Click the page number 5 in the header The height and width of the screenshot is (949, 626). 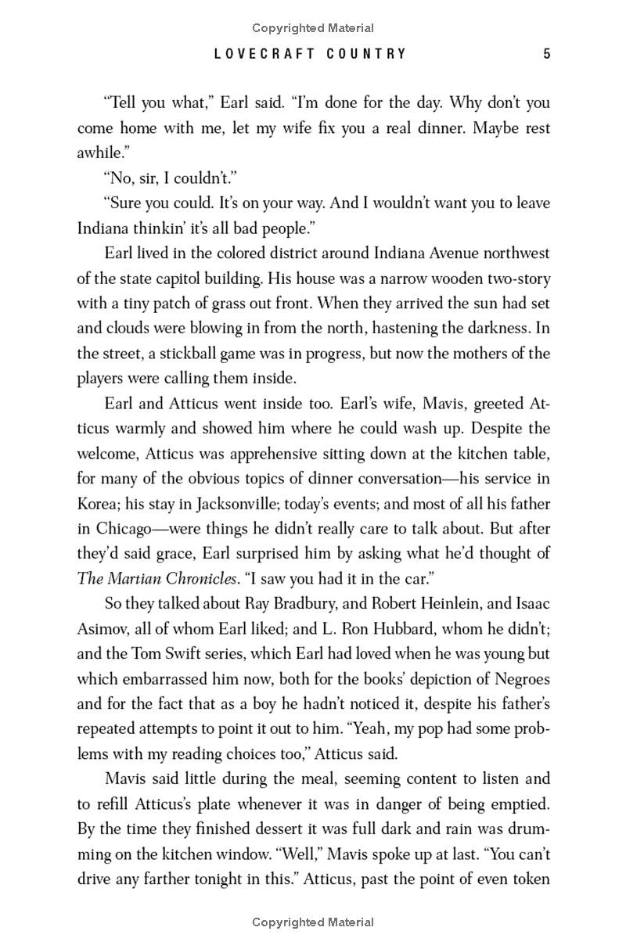[x=547, y=54]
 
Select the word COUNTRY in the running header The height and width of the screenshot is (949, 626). [x=369, y=54]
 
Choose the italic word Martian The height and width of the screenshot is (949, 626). [x=139, y=578]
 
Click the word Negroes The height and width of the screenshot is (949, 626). [x=518, y=678]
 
